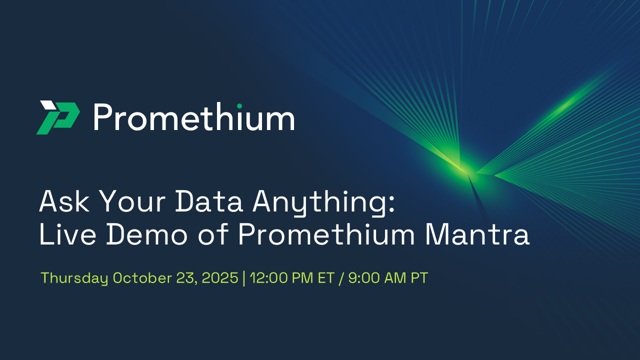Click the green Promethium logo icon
click(58, 117)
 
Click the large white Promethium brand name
click(193, 118)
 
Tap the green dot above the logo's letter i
click(239, 105)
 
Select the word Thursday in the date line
click(74, 278)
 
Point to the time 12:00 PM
click(274, 278)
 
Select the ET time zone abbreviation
click(325, 278)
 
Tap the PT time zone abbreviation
click(419, 278)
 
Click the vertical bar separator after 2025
click(243, 278)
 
